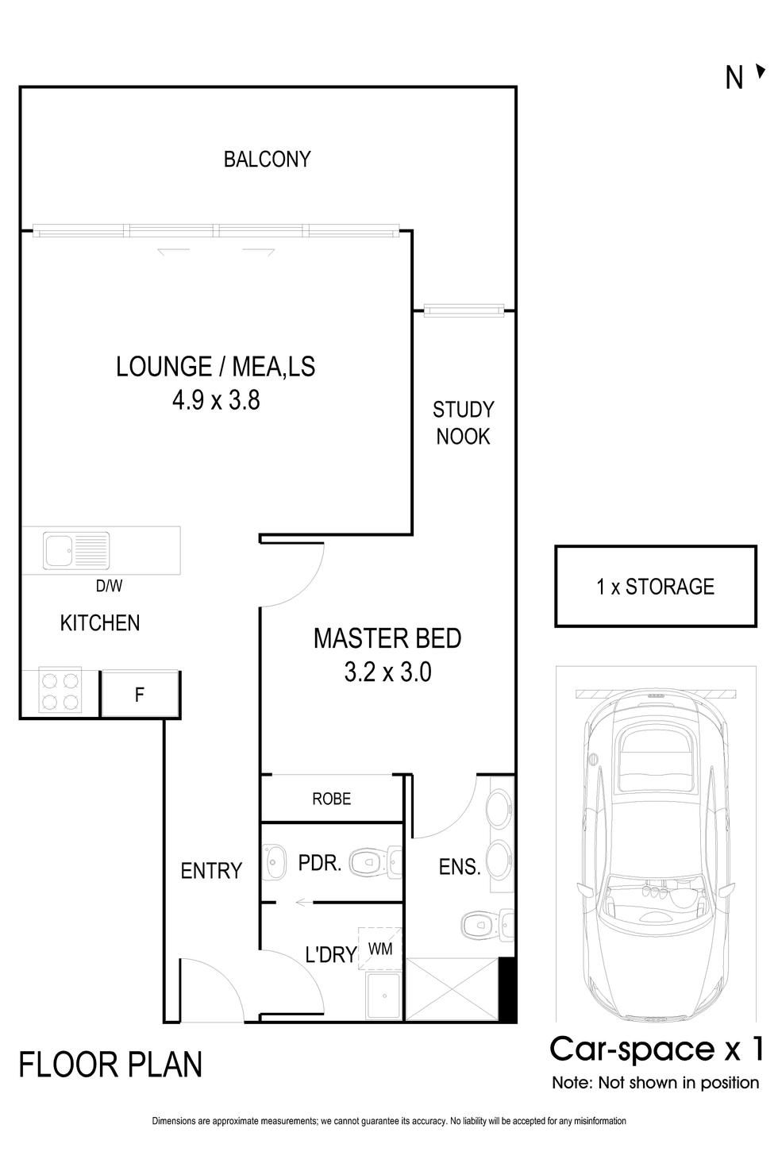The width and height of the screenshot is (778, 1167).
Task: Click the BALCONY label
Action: pos(267,159)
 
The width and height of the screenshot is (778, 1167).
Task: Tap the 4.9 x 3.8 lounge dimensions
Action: pos(216,401)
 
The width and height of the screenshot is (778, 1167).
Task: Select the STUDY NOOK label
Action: pos(464,423)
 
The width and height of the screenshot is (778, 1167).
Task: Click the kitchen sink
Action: pos(76,550)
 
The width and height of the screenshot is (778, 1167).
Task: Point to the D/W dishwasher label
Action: pos(109,586)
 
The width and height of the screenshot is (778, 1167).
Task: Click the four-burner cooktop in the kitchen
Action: pos(60,691)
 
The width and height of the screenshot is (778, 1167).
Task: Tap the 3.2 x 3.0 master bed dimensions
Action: pos(387,672)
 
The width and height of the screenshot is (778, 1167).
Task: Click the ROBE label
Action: pos(331,799)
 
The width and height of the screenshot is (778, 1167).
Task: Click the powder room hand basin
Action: pos(275,862)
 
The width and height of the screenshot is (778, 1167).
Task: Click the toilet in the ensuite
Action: pos(487,926)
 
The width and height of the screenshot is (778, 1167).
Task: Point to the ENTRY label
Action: pos(211,871)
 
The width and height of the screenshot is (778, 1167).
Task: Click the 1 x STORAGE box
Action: pos(656,586)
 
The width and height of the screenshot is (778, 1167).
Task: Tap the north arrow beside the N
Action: pos(761,71)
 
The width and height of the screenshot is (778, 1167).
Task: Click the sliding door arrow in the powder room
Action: pos(303,901)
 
